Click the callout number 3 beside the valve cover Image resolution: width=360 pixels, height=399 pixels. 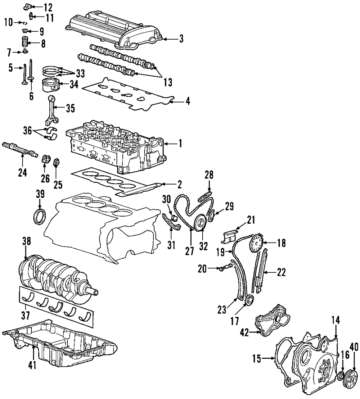181,39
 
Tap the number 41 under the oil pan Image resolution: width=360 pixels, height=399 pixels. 32,365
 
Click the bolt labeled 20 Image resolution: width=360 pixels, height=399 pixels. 226,267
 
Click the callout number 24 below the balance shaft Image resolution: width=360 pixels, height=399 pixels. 22,173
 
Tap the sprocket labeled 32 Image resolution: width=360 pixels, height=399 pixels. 199,222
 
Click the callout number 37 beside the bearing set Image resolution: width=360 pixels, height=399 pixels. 25,316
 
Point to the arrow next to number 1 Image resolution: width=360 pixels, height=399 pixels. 170,144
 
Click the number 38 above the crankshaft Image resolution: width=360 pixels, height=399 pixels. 27,241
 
